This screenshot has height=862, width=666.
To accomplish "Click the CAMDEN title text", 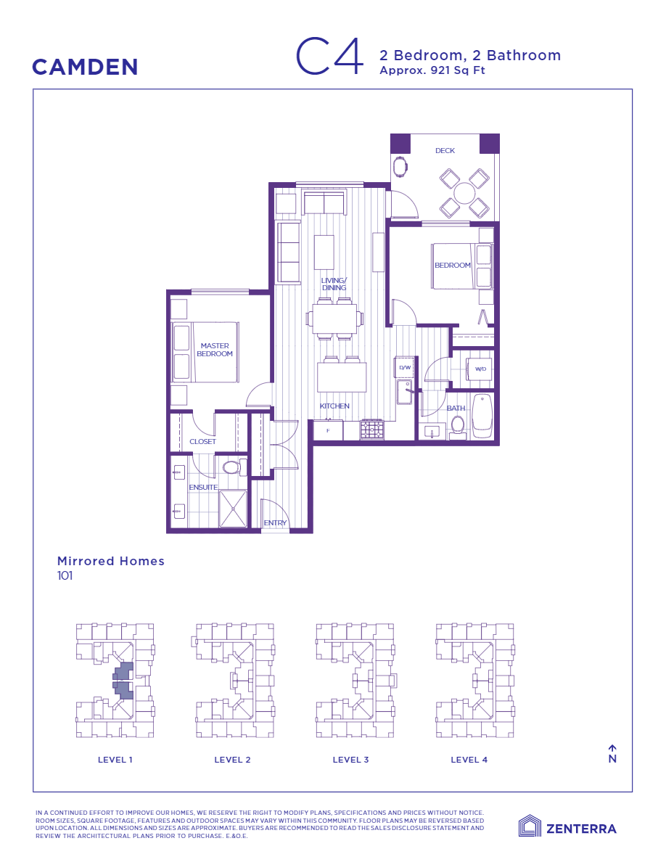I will pos(85,67).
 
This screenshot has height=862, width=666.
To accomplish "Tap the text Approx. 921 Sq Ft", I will pos(432,70).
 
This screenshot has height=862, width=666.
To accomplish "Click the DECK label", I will pos(445,151).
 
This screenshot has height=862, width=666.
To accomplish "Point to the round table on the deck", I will pos(464,193).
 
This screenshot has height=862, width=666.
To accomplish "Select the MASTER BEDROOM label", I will pos(215,350).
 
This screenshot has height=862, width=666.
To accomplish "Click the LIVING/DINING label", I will pos(334,284).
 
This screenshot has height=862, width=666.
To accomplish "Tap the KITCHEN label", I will pos(334,406).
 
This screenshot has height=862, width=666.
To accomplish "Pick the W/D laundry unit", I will pos(480,370).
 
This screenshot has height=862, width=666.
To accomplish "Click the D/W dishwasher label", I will pos(405,368).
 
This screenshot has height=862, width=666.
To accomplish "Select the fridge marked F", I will pos(328,430).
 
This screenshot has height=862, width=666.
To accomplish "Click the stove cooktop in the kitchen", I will pos(371,430).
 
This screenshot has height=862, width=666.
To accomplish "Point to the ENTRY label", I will pos(275,522).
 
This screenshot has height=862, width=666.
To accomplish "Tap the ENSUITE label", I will pos(203,487).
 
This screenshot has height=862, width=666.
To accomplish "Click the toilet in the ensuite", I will pos(231,467).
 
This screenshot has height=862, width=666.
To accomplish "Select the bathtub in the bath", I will pos(482,416).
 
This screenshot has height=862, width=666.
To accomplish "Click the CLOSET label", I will pos(202,441).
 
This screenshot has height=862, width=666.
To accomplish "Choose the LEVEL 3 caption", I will pos(350,760).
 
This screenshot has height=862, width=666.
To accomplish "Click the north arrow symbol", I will pos(612,748).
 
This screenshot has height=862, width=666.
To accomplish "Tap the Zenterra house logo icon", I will pos(530,826).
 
